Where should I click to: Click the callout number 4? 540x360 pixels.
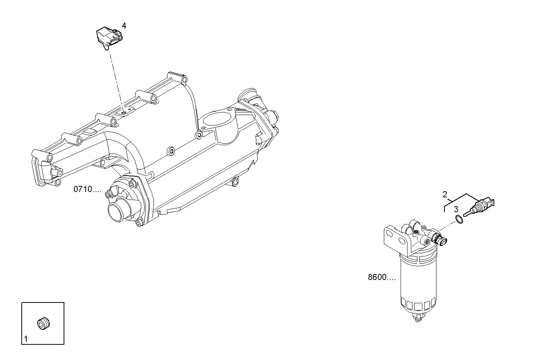(x=124, y=26)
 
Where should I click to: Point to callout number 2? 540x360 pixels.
(x=445, y=194)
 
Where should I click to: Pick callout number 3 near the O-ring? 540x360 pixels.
(x=456, y=209)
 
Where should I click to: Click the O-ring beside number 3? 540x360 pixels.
(x=460, y=219)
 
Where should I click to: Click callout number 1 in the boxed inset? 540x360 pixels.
(x=26, y=338)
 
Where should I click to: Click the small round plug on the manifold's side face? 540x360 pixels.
(x=171, y=151)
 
